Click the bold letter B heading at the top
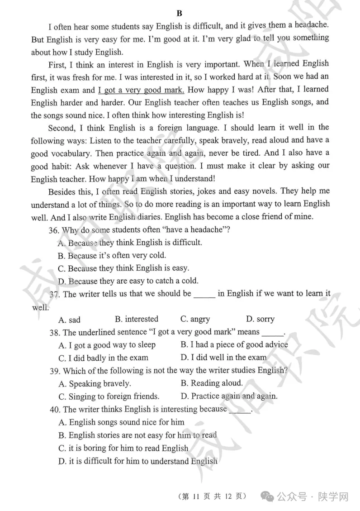click(x=179, y=13)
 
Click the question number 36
click(x=54, y=230)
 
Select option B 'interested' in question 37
click(x=136, y=319)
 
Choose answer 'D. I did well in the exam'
click(x=223, y=358)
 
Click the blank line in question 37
click(x=204, y=294)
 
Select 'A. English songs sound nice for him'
click(x=121, y=422)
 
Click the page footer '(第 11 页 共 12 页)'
click(x=213, y=496)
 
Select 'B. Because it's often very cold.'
click(x=112, y=255)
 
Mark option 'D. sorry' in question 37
click(x=260, y=319)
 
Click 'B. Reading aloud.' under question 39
click(x=211, y=383)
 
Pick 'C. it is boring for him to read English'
click(x=123, y=448)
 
